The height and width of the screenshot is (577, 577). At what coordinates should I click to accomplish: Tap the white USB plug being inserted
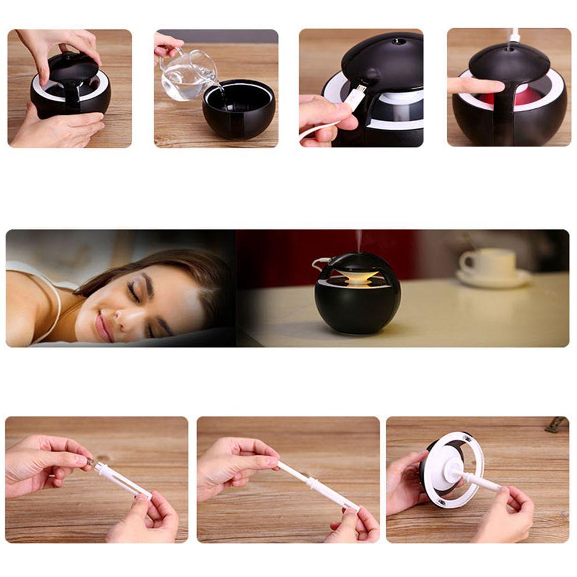(355, 96)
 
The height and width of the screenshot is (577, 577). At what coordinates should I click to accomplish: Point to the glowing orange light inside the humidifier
(358, 276)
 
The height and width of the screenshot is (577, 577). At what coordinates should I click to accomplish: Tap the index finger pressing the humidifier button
(470, 85)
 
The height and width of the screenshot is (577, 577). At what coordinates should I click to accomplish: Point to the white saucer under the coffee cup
(493, 280)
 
